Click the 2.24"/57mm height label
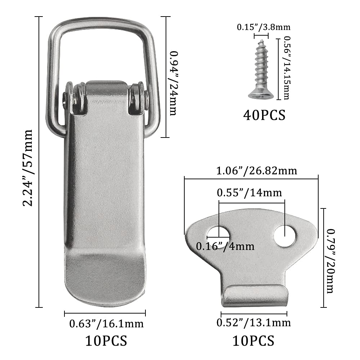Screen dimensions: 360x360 28,168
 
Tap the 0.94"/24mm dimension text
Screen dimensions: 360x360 174,83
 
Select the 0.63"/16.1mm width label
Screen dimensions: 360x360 106,324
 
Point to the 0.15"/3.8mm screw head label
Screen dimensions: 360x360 264,27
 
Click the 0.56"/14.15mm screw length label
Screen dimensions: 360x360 287,68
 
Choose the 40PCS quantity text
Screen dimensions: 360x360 264,115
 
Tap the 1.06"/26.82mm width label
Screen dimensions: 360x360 257,171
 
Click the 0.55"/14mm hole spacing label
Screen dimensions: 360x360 249,193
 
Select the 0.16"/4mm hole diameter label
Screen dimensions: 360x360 225,247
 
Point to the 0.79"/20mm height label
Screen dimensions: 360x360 330,261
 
